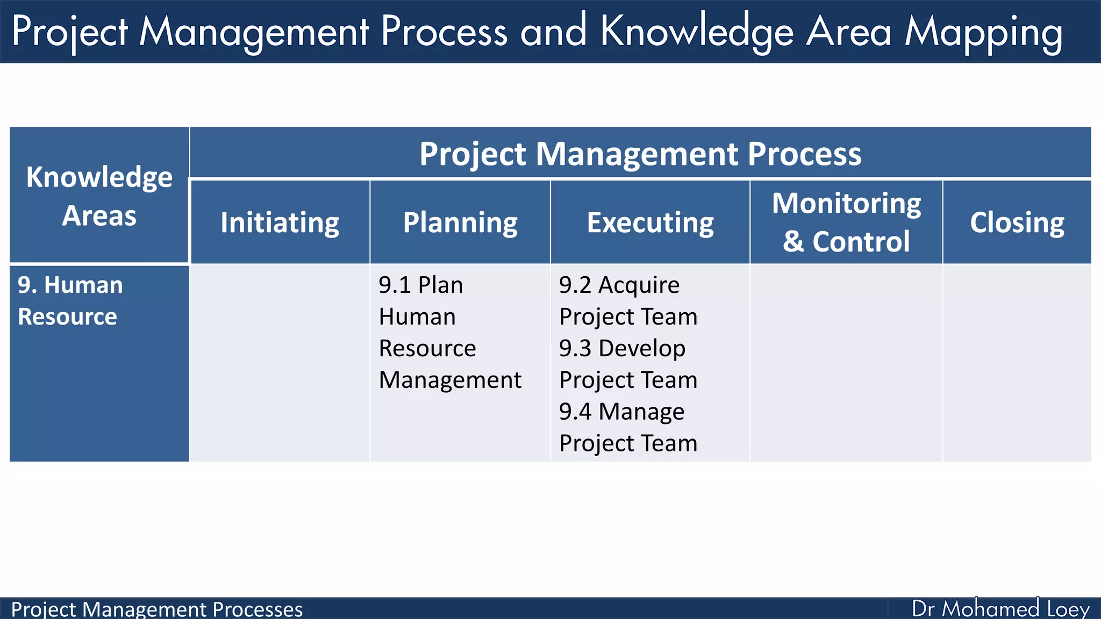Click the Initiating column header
280,222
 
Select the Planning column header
460,222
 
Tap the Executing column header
650,222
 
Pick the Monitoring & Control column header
846,222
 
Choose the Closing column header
1017,222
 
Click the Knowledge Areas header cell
99,196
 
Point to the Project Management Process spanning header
640,154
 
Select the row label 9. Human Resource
70,300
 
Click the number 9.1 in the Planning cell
395,285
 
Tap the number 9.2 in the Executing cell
575,285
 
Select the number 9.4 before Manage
575,412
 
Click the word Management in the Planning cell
450,380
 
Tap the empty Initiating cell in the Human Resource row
280,363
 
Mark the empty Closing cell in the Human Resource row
1017,363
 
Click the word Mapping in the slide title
983,32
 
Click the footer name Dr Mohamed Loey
1000,609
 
